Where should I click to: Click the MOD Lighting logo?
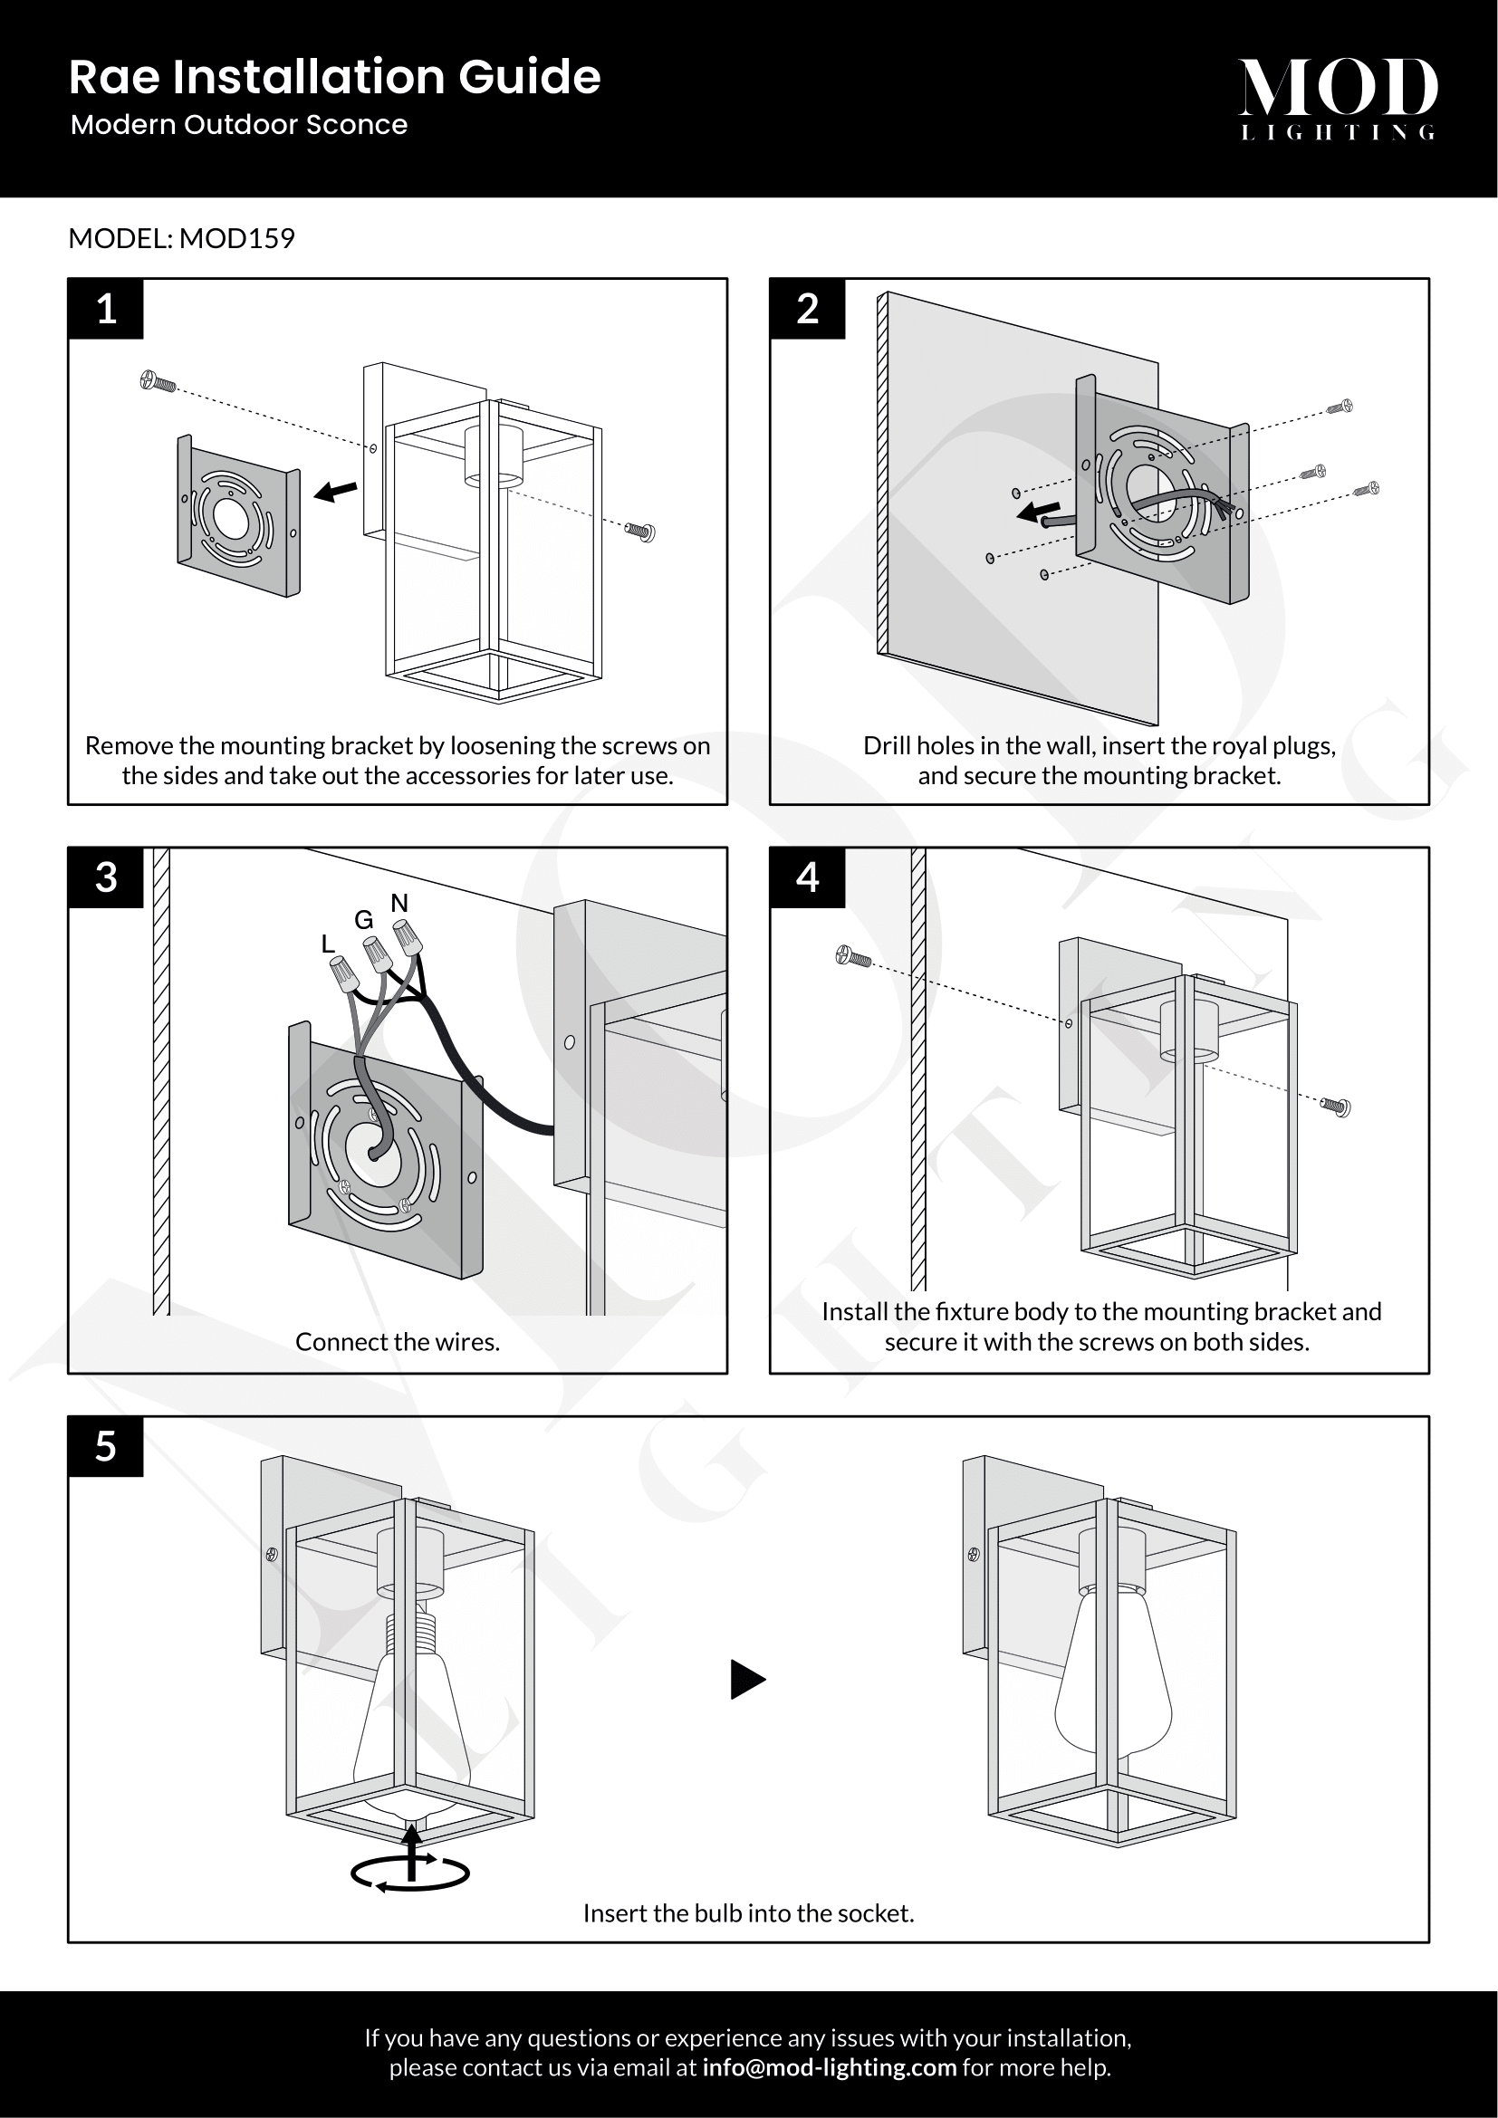(1338, 98)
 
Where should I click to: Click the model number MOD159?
(237, 239)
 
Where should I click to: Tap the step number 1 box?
(106, 309)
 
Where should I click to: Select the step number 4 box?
(807, 877)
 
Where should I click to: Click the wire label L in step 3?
(328, 944)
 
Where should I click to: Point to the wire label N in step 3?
(399, 903)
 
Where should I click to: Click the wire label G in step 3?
(364, 920)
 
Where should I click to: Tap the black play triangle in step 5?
(746, 1679)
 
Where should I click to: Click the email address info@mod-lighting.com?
(830, 2067)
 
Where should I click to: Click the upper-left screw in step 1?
(158, 381)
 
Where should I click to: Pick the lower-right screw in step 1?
(640, 532)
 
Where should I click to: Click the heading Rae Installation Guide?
(334, 77)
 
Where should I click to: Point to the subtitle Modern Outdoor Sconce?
(239, 125)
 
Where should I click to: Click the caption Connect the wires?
(397, 1342)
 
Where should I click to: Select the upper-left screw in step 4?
(853, 957)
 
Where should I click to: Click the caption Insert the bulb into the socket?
(748, 1913)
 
